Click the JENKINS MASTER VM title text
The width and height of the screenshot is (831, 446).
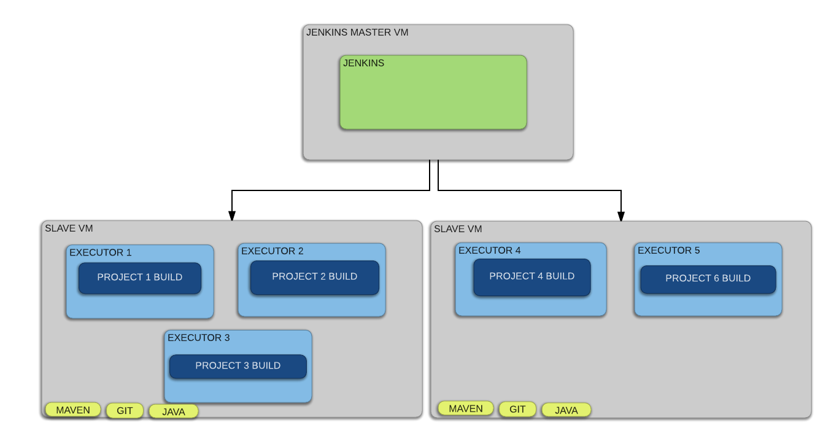tap(357, 33)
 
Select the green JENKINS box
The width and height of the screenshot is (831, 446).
tap(433, 92)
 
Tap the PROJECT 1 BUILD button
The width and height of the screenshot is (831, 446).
tap(140, 278)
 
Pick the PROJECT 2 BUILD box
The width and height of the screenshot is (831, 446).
tap(314, 277)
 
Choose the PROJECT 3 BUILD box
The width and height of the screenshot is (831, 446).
tap(238, 366)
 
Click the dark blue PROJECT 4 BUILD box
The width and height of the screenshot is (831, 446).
tap(531, 277)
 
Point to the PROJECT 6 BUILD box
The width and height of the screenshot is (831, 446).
tap(708, 279)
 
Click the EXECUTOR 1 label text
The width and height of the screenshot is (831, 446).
tap(101, 252)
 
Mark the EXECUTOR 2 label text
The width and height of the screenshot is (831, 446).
tap(272, 251)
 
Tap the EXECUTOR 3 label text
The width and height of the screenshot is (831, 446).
tap(199, 338)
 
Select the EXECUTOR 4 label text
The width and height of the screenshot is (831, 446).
tap(490, 251)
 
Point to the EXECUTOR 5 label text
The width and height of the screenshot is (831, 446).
tap(669, 251)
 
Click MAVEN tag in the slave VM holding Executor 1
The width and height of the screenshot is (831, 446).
tap(73, 410)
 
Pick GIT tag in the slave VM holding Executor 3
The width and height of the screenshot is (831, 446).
tap(125, 411)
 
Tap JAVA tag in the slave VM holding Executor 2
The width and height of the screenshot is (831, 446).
tap(174, 412)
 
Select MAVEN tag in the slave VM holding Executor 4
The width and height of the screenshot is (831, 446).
tap(466, 409)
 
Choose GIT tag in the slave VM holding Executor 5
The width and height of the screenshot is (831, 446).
tap(517, 409)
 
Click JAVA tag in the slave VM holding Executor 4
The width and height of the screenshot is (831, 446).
tap(566, 410)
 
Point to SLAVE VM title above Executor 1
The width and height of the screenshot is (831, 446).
tap(69, 229)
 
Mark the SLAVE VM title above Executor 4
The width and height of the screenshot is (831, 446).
tap(458, 229)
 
